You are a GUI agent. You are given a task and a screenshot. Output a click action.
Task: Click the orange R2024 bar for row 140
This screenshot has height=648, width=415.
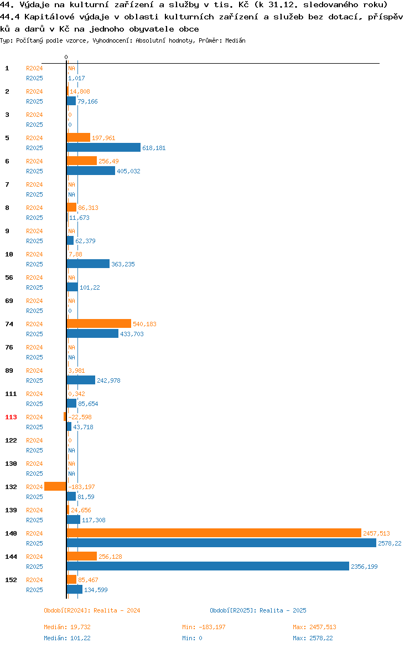[214, 533]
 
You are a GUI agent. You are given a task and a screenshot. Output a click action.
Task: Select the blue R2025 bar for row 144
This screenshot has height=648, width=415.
[207, 566]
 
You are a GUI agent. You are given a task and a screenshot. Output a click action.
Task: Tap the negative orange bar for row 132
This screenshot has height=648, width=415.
[55, 486]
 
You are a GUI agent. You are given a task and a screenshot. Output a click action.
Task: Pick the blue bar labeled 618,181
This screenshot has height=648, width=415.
[103, 147]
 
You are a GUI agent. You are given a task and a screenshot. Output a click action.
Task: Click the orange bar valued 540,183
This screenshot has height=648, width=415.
[99, 323]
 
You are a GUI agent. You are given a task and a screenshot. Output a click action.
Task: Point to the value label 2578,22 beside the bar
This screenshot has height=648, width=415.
[390, 543]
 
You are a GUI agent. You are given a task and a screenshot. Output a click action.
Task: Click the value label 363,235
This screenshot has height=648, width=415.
[123, 264]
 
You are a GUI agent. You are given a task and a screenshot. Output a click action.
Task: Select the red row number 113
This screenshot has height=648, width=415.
[11, 417]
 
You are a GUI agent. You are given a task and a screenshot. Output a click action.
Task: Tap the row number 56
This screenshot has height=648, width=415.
[9, 277]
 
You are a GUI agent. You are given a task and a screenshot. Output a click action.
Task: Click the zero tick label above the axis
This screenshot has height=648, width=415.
[66, 57]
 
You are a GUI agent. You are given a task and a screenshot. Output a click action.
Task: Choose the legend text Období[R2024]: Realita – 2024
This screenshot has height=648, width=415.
[92, 610]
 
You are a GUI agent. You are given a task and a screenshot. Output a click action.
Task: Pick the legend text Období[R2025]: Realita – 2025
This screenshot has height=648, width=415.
[258, 610]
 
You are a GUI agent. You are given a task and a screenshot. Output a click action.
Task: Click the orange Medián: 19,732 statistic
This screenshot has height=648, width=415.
[68, 627]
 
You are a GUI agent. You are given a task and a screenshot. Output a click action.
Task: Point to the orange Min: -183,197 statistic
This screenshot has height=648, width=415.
[204, 627]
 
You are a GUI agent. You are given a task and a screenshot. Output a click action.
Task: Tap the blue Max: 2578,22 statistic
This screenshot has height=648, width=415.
[313, 638]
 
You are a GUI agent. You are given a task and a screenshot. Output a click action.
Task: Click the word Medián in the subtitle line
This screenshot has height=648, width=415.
[235, 40]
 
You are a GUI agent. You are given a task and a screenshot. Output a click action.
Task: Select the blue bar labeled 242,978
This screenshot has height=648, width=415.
[81, 380]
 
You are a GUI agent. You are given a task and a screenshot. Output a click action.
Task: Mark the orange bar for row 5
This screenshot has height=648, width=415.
[79, 137]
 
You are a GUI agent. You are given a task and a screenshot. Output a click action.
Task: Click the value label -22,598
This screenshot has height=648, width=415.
[80, 417]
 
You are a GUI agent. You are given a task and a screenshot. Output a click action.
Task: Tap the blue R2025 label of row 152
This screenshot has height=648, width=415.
[34, 590]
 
